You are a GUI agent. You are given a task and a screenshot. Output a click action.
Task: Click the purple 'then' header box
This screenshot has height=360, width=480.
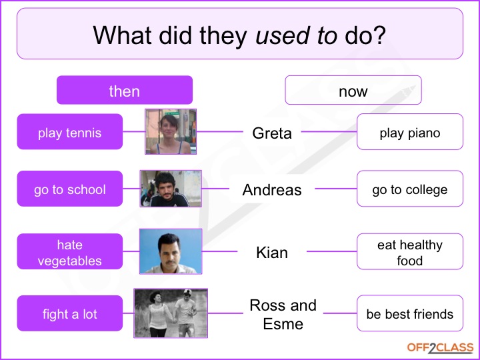125,90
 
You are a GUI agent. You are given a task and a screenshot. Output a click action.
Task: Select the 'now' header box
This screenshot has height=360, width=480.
353,90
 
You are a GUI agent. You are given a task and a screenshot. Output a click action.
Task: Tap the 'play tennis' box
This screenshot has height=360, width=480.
70,131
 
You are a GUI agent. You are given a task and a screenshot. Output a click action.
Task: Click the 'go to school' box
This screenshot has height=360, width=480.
70,189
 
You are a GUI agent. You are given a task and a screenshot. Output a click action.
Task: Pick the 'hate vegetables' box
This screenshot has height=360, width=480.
70,251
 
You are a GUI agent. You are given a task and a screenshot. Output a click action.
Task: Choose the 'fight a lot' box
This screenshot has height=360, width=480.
70,313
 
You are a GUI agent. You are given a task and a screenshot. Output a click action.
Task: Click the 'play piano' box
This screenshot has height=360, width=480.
410,131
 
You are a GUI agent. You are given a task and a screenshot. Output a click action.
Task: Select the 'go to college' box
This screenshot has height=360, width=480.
410,189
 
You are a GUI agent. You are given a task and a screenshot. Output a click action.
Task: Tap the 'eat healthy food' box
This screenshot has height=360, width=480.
410,251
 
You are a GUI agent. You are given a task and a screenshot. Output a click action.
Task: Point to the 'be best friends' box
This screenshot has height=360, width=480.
410,313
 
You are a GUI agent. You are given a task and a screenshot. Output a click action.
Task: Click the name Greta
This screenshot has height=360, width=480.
272,133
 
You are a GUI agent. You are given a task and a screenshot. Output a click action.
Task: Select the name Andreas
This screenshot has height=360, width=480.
272,190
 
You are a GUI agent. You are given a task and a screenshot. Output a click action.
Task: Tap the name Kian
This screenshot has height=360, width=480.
272,253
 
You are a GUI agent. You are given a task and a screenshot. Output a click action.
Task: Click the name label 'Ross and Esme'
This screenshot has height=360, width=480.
283,315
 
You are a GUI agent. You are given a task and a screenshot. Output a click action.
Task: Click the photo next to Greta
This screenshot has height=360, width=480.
171,131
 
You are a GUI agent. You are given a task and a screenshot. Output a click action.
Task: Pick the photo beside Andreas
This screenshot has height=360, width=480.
171,189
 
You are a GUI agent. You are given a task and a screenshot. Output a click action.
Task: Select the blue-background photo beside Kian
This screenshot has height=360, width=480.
171,251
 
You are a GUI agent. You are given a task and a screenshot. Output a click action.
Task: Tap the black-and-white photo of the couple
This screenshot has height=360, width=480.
171,313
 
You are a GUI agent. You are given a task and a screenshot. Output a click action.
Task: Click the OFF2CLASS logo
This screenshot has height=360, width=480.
440,348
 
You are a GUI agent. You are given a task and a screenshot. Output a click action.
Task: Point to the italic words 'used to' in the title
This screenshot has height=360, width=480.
296,35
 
